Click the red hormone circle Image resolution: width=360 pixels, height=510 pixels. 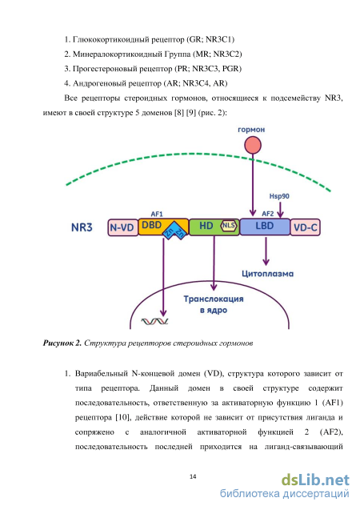click(x=253, y=145)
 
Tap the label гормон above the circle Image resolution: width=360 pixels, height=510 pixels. click(x=251, y=130)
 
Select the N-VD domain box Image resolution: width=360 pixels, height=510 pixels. click(x=123, y=227)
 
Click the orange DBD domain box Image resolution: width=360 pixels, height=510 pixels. click(x=163, y=226)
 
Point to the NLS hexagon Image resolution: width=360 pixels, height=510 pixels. click(x=229, y=226)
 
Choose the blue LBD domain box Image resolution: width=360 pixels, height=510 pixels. click(x=265, y=226)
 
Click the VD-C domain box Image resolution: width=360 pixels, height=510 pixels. click(x=305, y=227)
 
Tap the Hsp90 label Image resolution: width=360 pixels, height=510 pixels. click(x=279, y=196)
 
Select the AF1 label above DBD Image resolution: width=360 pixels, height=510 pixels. click(x=157, y=214)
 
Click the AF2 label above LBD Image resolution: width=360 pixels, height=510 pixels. click(x=268, y=214)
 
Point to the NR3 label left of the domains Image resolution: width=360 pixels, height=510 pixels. click(x=82, y=227)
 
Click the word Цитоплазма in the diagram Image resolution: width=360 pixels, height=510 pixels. click(x=267, y=274)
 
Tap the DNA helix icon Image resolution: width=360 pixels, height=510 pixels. click(x=154, y=322)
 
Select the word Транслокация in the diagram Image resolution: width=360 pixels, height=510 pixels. click(x=214, y=299)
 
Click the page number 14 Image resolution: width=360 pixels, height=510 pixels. click(x=193, y=476)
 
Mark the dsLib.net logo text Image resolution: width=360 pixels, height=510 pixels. click(x=315, y=480)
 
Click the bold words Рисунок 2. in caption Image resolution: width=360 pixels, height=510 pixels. click(x=62, y=343)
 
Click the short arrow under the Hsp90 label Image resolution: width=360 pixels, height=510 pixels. click(x=280, y=209)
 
